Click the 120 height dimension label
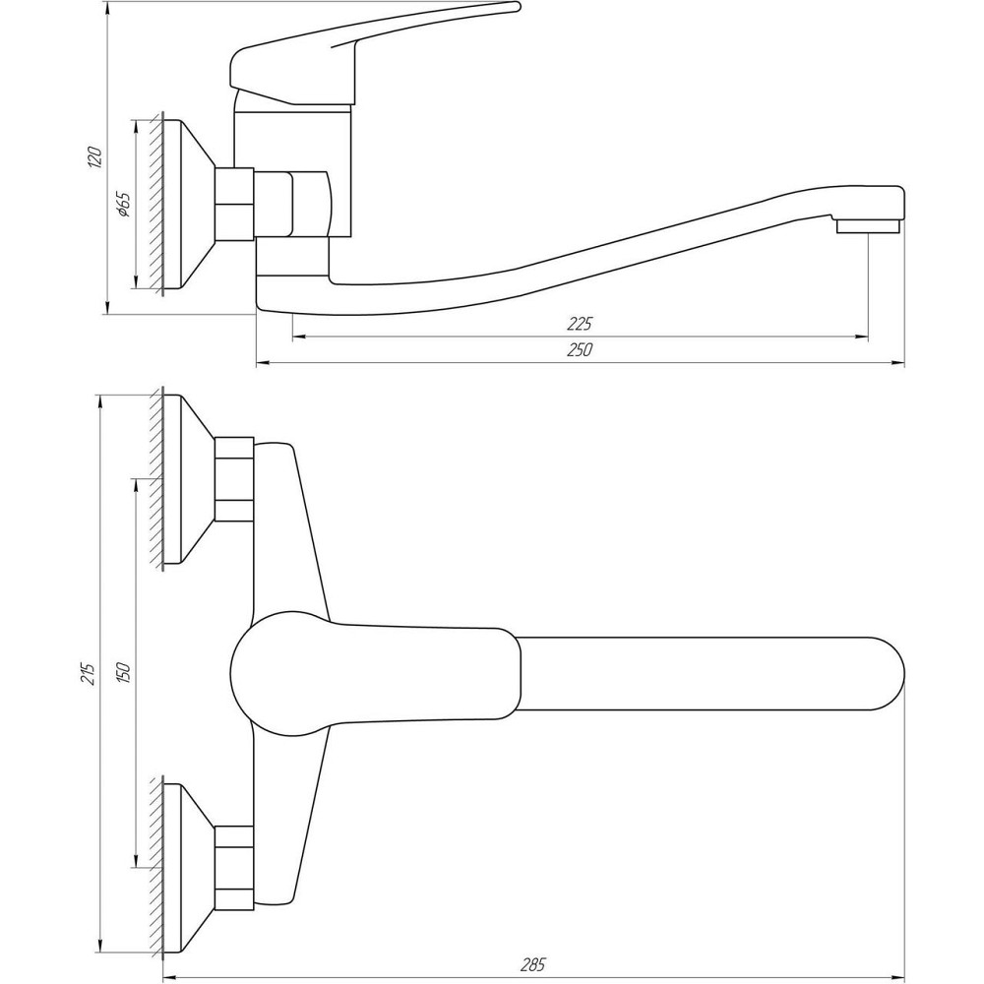tap(93, 156)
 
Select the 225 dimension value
tap(580, 324)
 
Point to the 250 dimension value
tap(580, 349)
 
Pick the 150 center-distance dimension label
tap(123, 673)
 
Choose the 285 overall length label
tap(532, 964)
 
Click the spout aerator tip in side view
tap(867, 225)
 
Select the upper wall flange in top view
tap(188, 479)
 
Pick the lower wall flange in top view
tap(188, 868)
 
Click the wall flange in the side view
tap(188, 204)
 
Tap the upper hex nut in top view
tap(235, 479)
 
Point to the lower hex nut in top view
tap(235, 868)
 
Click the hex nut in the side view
tap(235, 204)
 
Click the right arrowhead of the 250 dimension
tap(898, 363)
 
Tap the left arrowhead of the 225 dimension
tap(299, 337)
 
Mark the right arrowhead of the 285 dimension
tap(898, 978)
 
